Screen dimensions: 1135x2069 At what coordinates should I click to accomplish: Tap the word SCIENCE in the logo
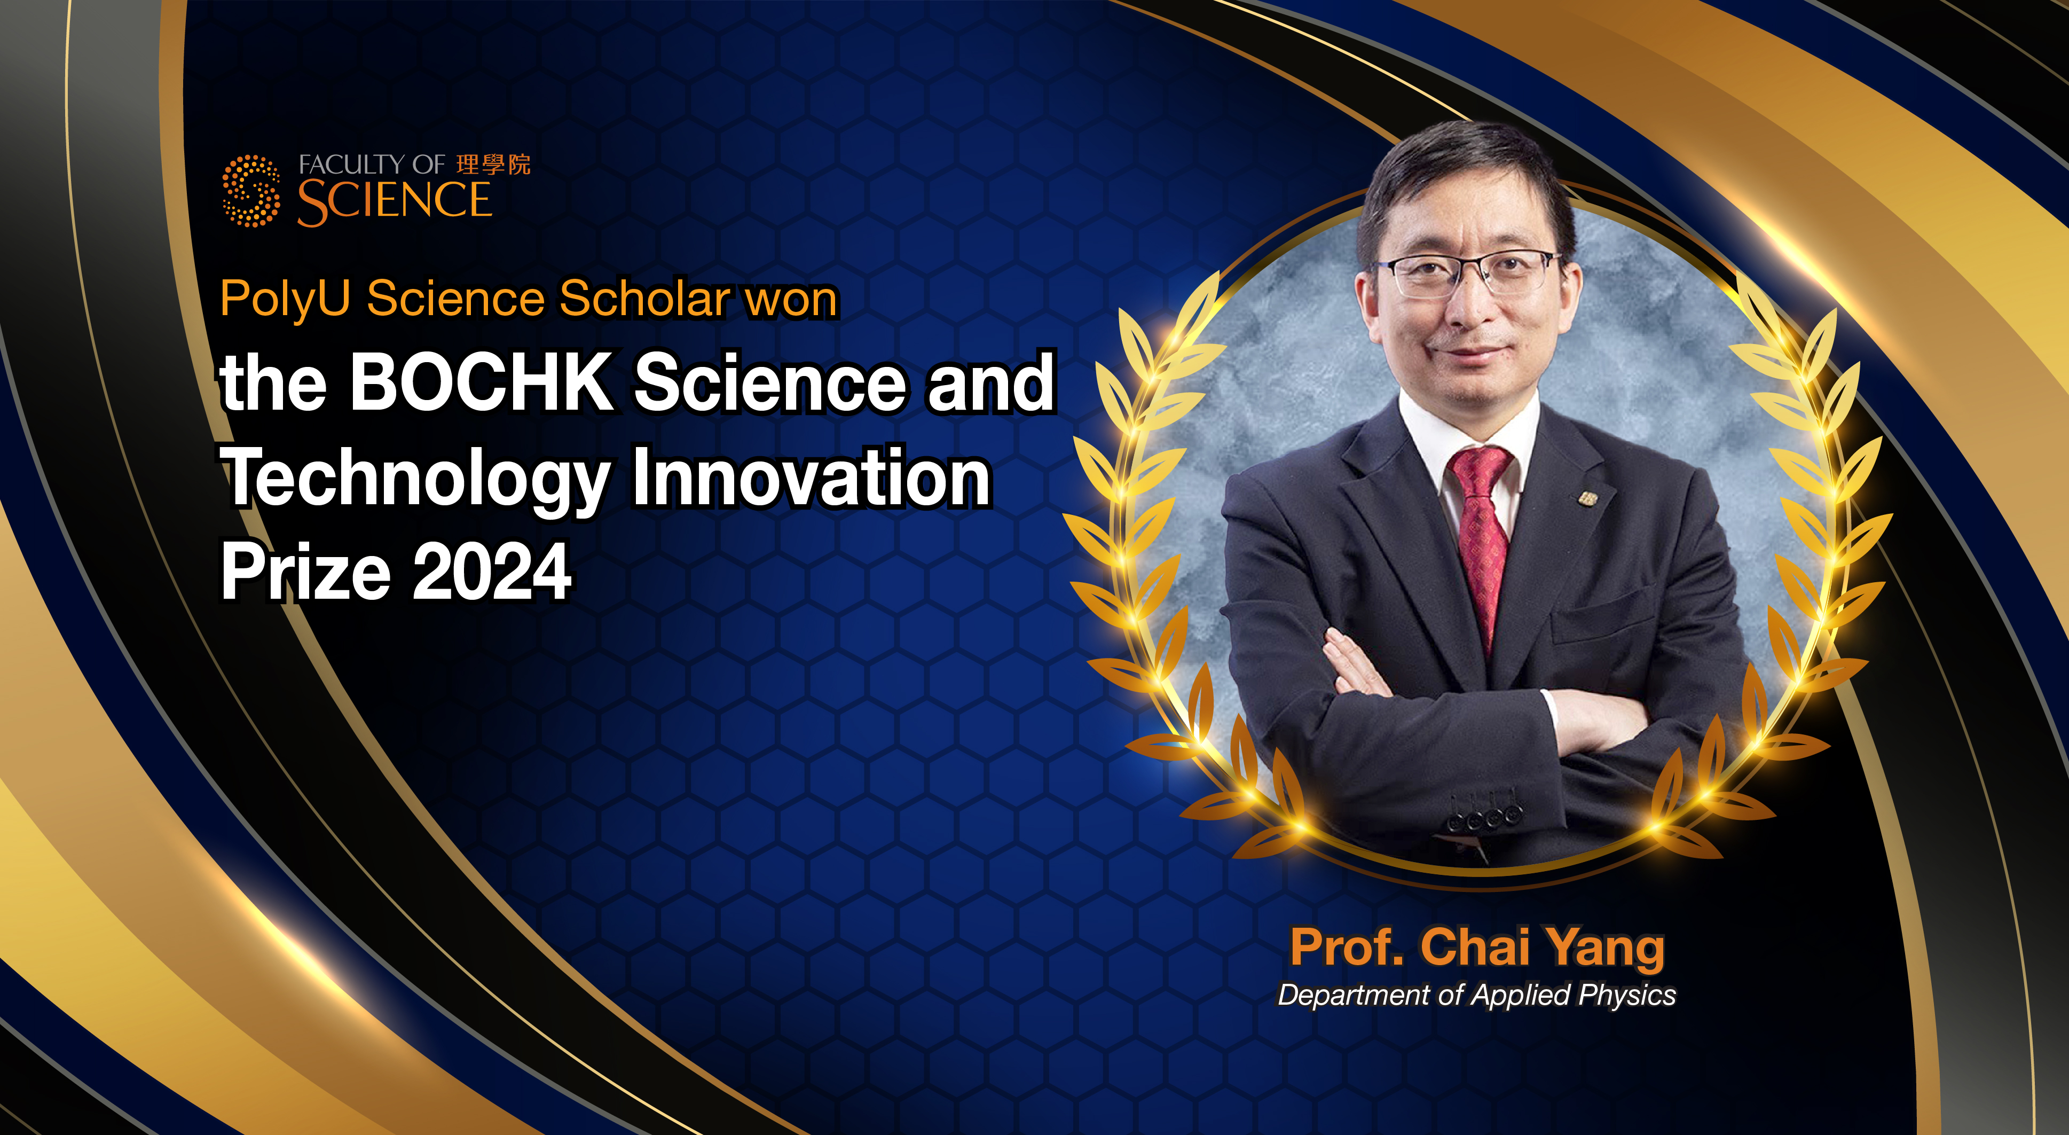(395, 202)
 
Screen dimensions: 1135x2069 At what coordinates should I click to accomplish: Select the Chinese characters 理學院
(493, 165)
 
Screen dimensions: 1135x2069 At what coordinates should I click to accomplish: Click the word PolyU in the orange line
(285, 299)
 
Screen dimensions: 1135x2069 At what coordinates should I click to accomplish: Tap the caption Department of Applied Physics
(1477, 995)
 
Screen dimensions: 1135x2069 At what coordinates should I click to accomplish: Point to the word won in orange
(791, 299)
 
